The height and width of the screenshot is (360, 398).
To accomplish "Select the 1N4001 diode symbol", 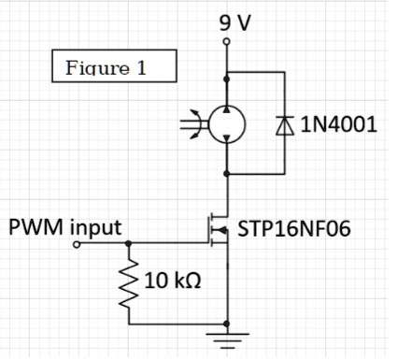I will point(284,124).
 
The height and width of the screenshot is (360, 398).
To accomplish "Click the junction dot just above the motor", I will point(225,71).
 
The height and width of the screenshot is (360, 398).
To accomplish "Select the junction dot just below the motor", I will point(225,174).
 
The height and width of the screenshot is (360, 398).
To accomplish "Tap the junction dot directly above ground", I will point(225,324).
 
